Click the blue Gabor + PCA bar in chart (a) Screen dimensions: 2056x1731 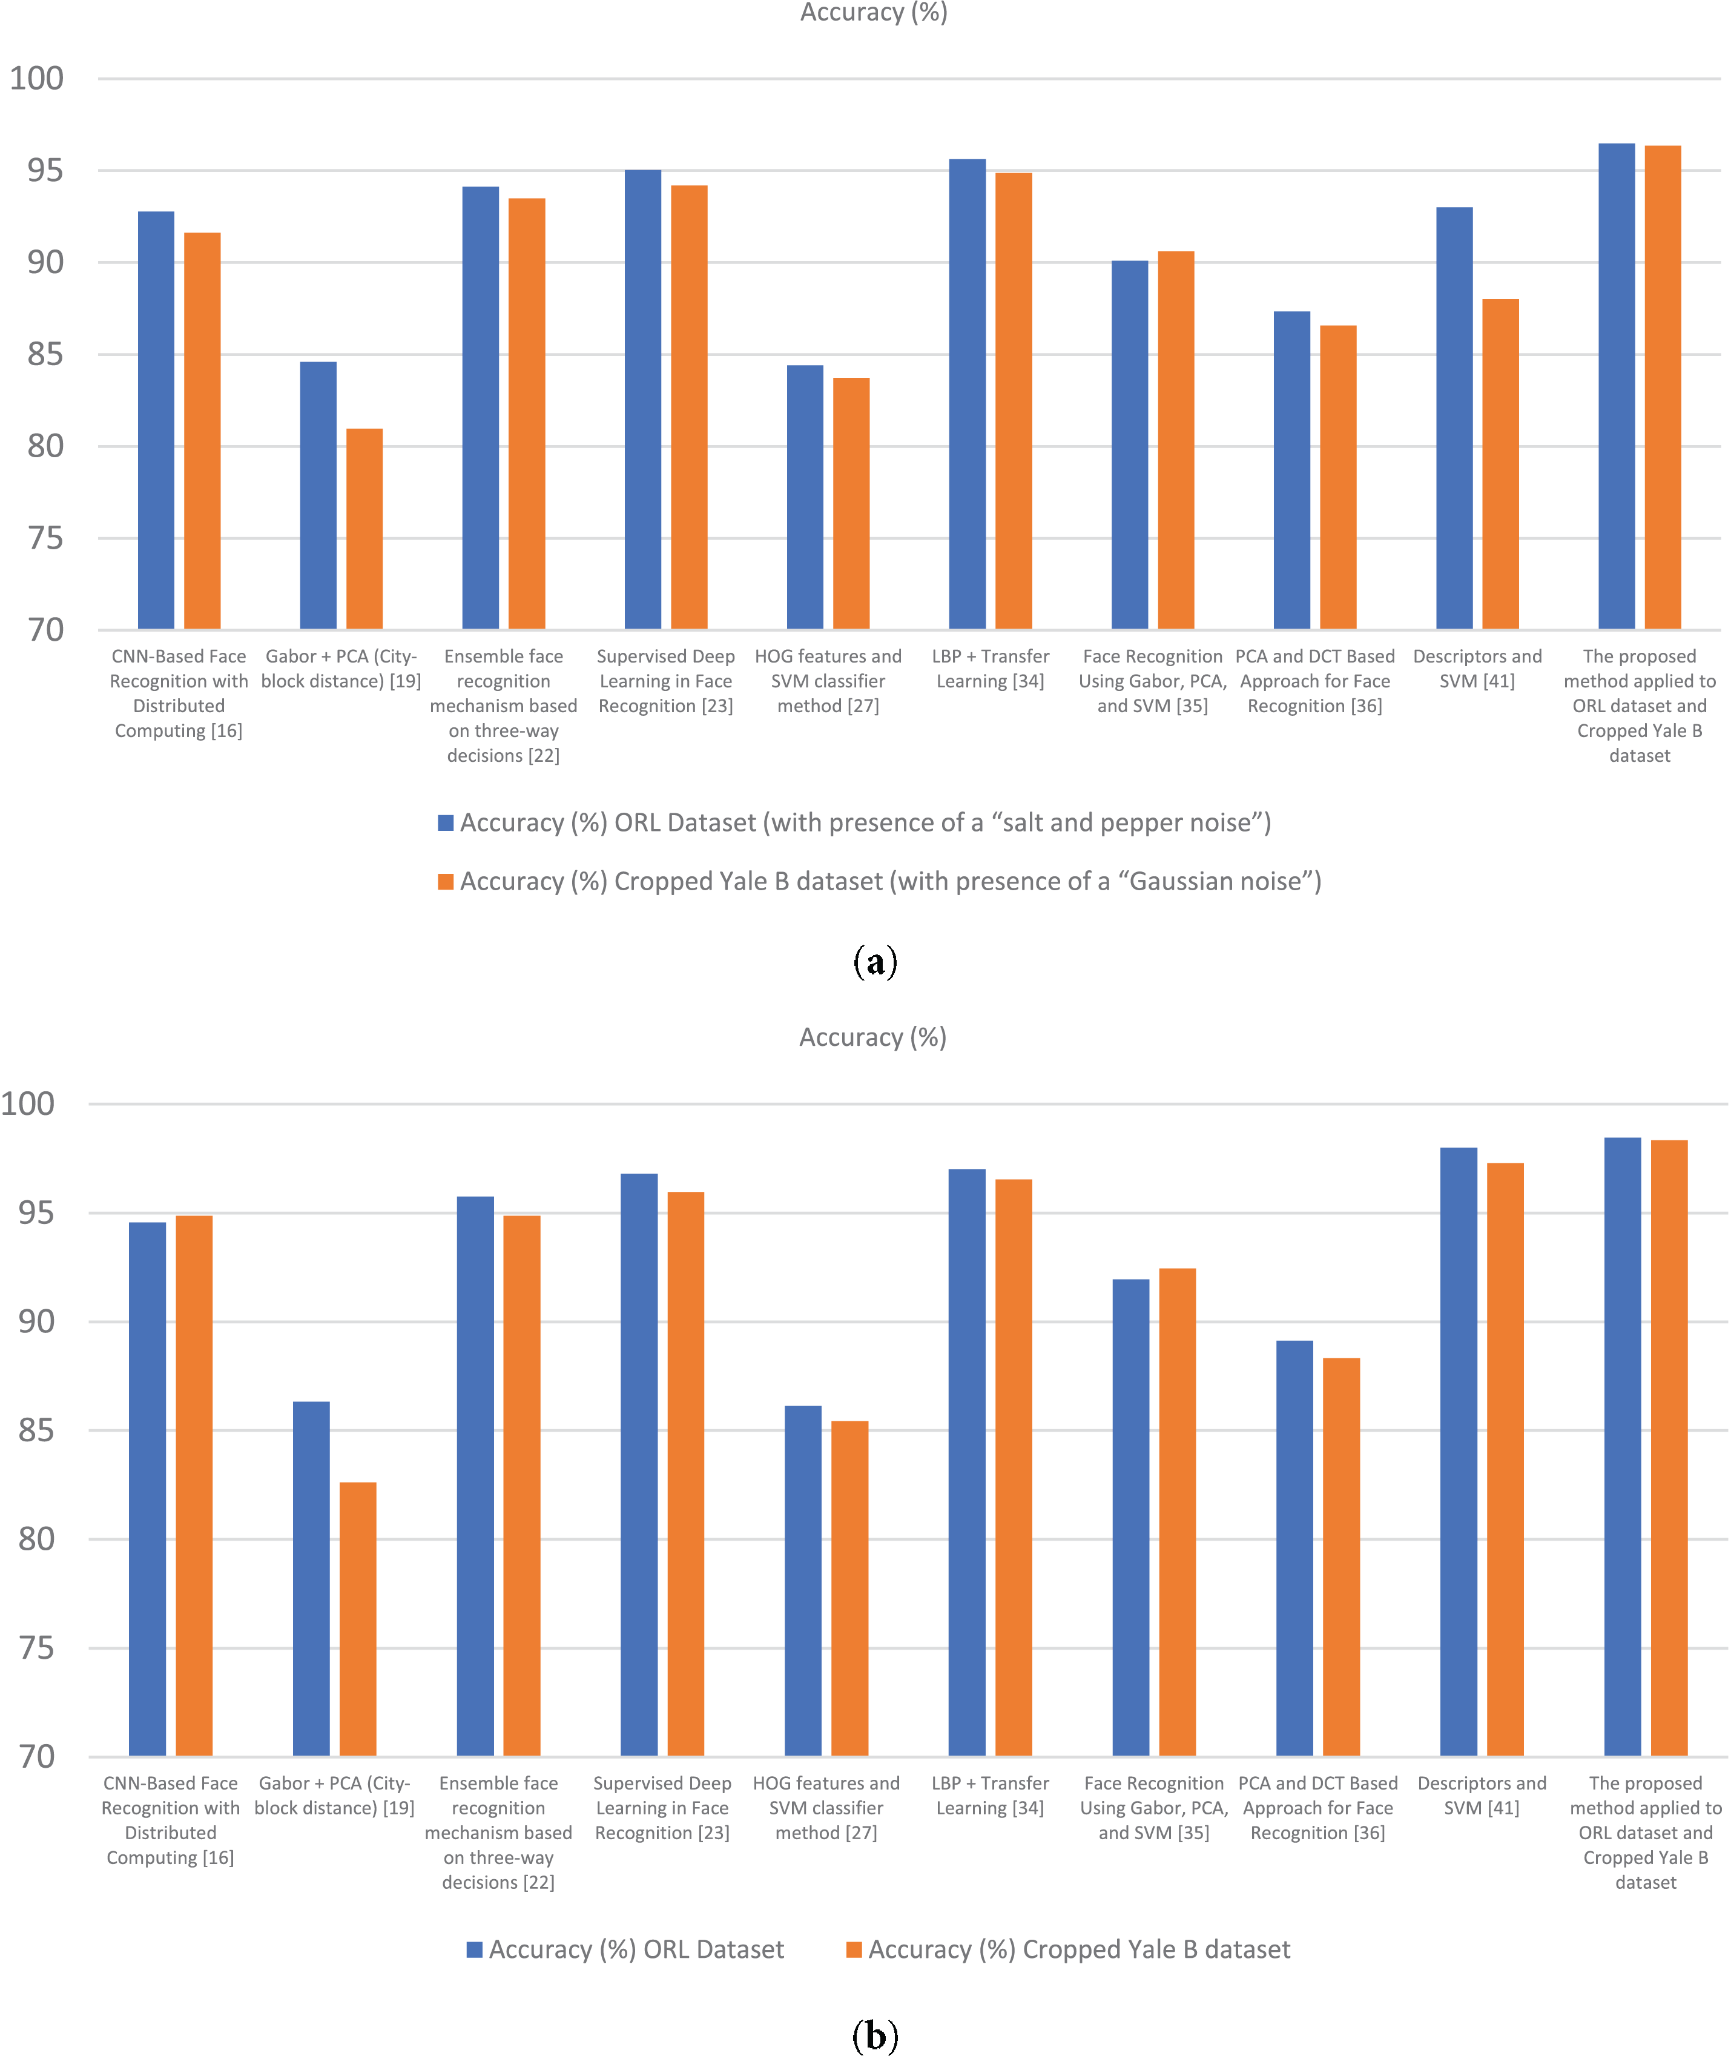[x=318, y=495]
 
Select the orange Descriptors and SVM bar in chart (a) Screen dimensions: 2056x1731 [x=1500, y=464]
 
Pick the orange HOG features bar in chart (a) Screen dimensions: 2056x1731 [x=851, y=503]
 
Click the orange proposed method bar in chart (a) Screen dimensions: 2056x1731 [x=1663, y=388]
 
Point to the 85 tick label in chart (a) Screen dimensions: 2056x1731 [x=45, y=354]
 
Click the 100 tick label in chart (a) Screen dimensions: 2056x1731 [x=38, y=79]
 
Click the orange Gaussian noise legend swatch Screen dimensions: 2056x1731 [x=446, y=881]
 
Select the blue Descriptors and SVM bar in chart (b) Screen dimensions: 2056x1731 [x=1458, y=1452]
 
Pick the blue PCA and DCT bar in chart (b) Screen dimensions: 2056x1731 [x=1294, y=1548]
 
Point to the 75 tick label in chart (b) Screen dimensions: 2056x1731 [x=38, y=1648]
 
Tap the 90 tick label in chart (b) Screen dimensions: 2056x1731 [x=38, y=1322]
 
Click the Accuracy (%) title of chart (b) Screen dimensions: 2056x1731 [x=872, y=1037]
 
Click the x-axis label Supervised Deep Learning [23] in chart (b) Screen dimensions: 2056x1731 [x=662, y=1808]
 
